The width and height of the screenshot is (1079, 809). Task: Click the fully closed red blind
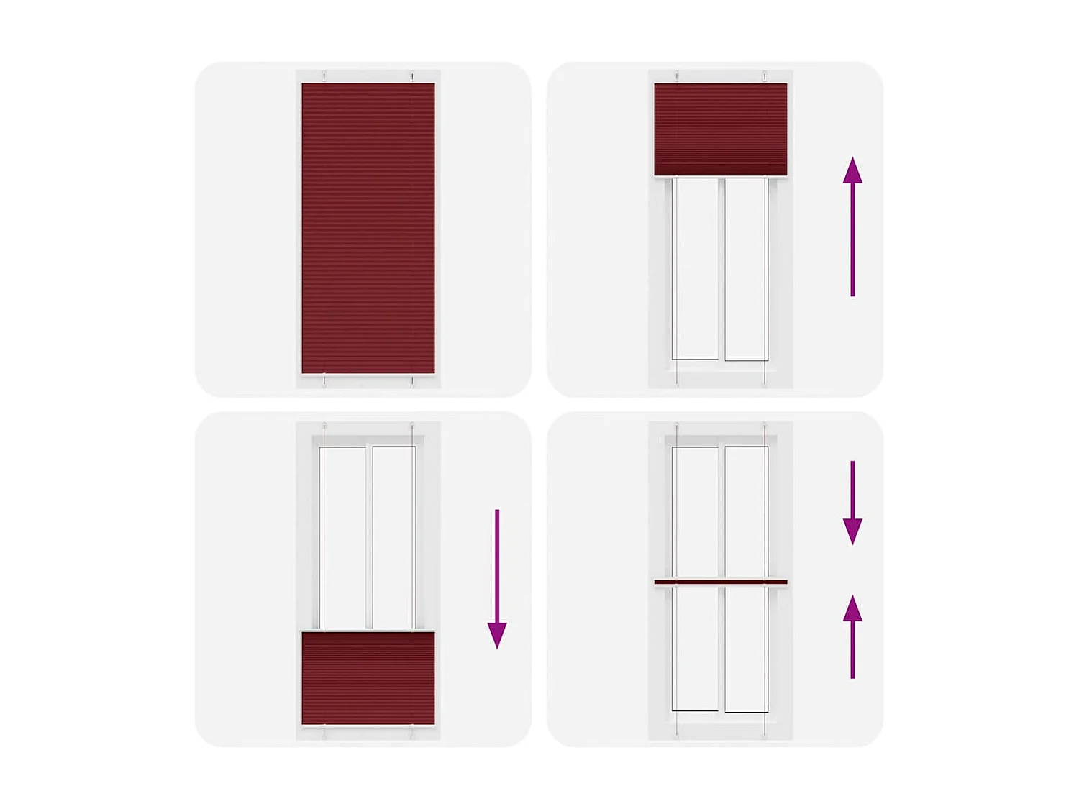pos(368,228)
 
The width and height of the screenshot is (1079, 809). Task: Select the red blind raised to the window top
pos(720,129)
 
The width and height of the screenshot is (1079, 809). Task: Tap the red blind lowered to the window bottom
pos(368,678)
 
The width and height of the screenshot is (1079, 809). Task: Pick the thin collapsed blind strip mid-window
pos(720,582)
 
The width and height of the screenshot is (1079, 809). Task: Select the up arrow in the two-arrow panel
pos(852,637)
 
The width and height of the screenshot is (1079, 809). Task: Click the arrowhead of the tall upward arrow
pos(852,170)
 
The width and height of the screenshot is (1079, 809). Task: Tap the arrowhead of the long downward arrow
pos(497,635)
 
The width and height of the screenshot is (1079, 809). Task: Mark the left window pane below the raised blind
pos(696,269)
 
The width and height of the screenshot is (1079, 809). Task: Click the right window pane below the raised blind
pos(745,269)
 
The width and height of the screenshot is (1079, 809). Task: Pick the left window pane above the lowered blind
pos(344,537)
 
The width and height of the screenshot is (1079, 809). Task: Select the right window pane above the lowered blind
pos(393,537)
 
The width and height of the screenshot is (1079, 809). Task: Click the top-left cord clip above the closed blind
pos(324,76)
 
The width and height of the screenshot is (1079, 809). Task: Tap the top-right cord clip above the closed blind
pos(412,76)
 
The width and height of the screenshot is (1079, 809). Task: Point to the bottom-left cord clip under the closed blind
pos(324,380)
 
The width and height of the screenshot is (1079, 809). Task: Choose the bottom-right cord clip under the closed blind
pos(412,380)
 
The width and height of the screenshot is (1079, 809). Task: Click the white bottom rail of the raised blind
pos(720,178)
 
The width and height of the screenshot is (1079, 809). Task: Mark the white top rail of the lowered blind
pos(368,631)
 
